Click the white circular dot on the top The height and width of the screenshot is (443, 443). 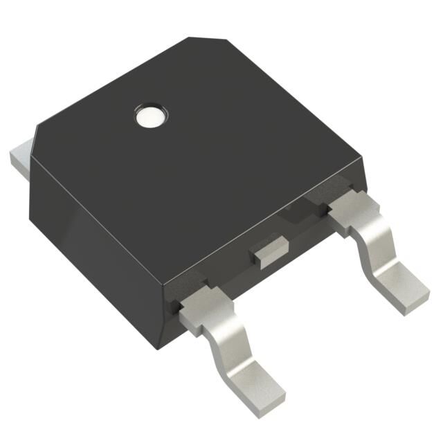click(150, 116)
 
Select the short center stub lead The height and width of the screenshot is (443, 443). click(271, 250)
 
